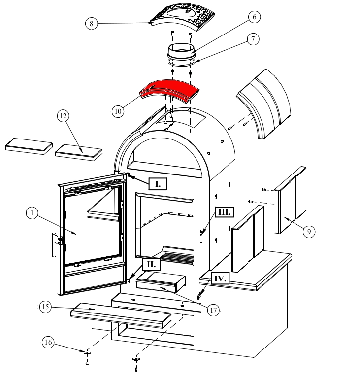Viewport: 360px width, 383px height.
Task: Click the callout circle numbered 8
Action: [91, 23]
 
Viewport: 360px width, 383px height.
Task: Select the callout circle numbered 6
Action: [254, 17]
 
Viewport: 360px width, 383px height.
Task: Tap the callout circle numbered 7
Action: [254, 39]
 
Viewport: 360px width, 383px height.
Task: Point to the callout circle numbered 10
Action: [117, 111]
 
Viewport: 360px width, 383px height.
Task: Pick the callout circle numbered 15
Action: [45, 307]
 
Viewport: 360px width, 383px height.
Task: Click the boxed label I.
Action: [158, 184]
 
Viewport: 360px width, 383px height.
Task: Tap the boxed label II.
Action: [151, 265]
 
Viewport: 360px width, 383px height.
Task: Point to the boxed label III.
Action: [225, 212]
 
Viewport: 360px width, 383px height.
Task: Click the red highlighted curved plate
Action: [170, 92]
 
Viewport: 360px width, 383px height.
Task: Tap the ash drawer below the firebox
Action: [161, 284]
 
